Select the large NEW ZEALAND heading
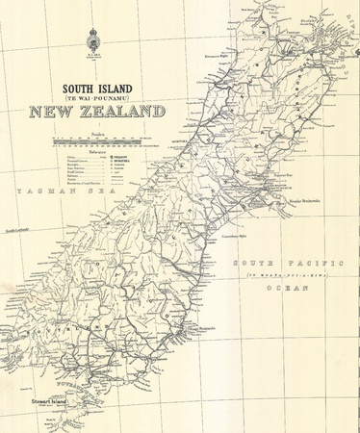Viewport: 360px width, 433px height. point(96,112)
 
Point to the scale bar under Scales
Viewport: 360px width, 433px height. point(96,141)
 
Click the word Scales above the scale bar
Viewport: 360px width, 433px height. point(96,134)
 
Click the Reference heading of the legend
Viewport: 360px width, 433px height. point(96,150)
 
